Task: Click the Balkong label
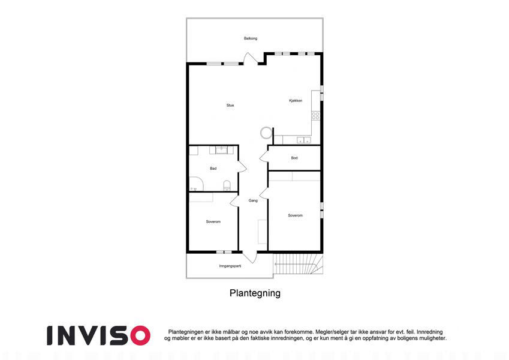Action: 251,38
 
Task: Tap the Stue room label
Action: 230,105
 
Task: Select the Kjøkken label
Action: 296,101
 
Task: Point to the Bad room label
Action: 213,169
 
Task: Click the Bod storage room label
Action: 294,158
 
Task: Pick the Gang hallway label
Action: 253,200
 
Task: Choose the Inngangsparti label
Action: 230,266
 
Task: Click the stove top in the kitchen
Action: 315,116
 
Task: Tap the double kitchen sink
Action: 304,140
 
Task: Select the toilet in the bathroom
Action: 227,185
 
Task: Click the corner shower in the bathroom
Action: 196,184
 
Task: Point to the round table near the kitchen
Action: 266,132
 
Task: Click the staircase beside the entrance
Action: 299,265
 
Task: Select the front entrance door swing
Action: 250,257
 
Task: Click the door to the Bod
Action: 264,157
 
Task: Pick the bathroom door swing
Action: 242,166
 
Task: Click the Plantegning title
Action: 255,293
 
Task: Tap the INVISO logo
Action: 99,335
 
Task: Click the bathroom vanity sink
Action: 222,150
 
